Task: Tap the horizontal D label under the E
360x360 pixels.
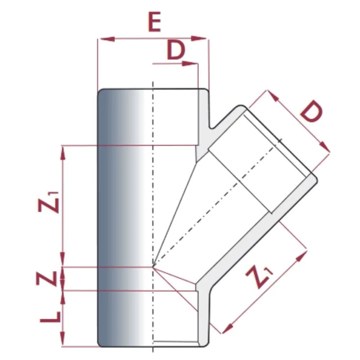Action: click(x=176, y=51)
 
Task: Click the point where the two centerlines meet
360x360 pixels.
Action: click(x=153, y=267)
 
